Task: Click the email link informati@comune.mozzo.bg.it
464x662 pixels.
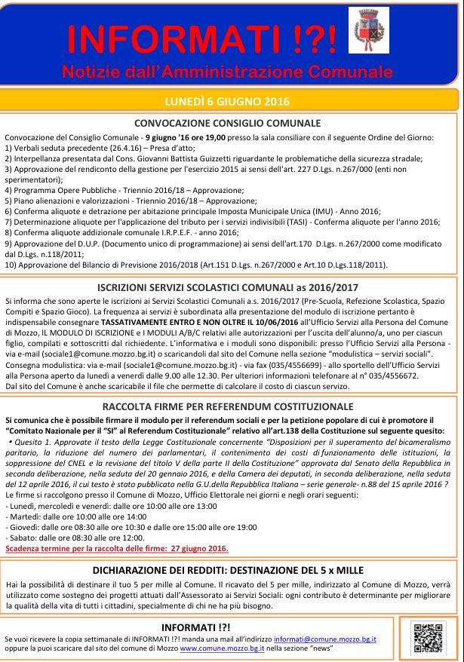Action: tap(324, 639)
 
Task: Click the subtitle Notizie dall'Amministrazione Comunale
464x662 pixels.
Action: tap(227, 72)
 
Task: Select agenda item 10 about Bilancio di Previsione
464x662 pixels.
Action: tap(196, 265)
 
